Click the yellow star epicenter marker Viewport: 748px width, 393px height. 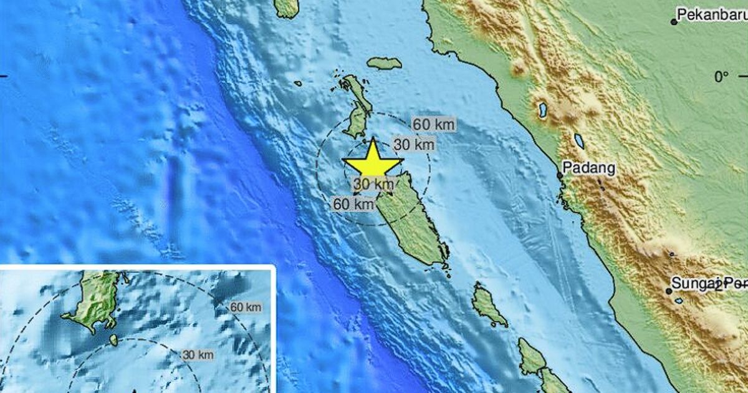tap(372, 162)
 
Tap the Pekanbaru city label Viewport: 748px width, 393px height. tap(712, 14)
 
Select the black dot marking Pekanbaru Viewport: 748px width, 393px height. tap(674, 22)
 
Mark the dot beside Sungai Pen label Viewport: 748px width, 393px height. tap(669, 291)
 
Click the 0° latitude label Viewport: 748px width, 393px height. tap(721, 77)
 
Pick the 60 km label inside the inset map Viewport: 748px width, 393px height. tap(246, 307)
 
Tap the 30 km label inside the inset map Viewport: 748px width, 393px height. tap(198, 355)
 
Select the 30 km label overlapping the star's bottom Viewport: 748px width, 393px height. tap(374, 184)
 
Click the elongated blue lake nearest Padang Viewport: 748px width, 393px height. tap(579, 141)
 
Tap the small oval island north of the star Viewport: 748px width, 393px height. tap(384, 63)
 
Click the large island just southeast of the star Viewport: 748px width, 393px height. tap(411, 221)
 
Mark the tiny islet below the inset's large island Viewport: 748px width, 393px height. tap(113, 340)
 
